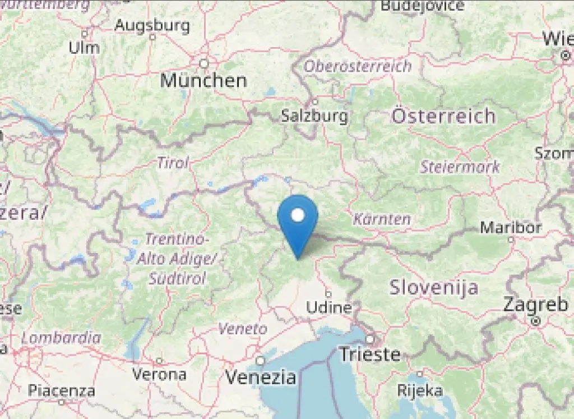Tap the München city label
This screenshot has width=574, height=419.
coord(203,80)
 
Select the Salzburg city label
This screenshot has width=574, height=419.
coord(314,116)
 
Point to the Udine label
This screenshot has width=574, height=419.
coord(328,307)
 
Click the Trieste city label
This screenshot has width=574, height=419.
coord(371,354)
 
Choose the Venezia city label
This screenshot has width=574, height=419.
coord(261,376)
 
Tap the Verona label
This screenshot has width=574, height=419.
coord(159,374)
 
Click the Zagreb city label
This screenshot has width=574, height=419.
coord(535,305)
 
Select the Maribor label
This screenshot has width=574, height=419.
coord(511,228)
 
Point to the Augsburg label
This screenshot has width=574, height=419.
coord(152,26)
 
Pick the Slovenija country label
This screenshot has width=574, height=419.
coord(434,288)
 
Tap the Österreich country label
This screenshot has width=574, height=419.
coord(443,116)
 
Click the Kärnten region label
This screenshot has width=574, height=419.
coord(382,219)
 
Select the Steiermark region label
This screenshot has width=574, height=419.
coord(460,167)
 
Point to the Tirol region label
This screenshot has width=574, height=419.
coord(173,163)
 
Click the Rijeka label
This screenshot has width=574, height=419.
coord(419,390)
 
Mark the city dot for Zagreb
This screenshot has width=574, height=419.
coord(535,321)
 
